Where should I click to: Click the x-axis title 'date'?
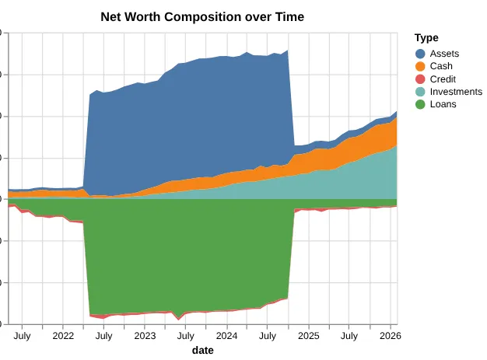pos(202,351)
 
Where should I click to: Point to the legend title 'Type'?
pos(426,37)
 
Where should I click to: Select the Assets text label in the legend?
pos(444,54)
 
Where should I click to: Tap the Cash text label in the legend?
pos(441,66)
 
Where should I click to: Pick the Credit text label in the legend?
pos(443,79)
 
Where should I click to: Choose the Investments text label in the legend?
pos(456,92)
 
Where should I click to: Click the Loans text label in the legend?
pos(443,104)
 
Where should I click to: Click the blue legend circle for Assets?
pos(421,54)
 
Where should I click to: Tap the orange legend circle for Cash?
pos(421,66)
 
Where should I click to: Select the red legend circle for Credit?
pos(421,79)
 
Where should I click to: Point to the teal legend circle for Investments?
pos(421,92)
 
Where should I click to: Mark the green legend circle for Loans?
pos(421,104)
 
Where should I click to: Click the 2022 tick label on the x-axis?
pos(63,336)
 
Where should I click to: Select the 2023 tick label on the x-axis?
pos(145,336)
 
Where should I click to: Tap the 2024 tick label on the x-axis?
pos(226,336)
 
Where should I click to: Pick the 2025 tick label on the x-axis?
pos(309,336)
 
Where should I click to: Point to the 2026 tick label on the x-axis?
pos(390,336)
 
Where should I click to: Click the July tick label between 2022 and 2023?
pos(103,336)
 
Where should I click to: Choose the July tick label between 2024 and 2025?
pos(268,336)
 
